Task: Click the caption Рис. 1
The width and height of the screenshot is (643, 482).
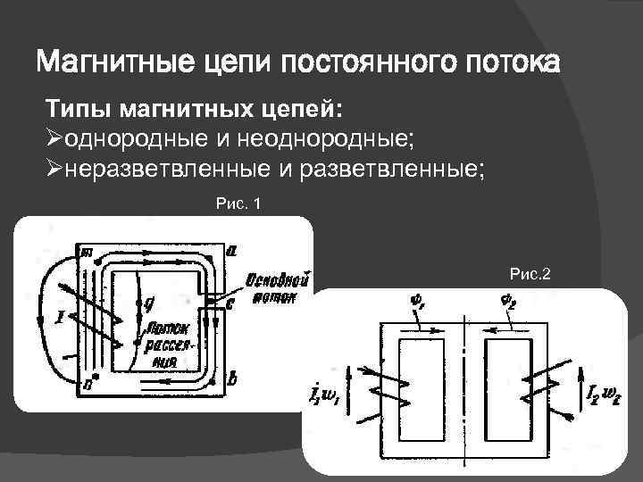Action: click(238, 204)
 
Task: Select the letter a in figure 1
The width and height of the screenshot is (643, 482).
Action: click(232, 252)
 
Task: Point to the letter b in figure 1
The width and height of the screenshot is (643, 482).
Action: click(232, 378)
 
